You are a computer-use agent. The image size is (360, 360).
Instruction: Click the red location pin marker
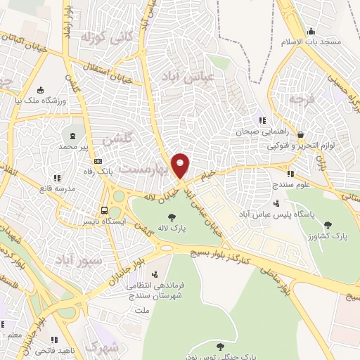[181, 165]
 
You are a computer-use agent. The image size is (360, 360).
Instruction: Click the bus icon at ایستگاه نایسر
[105, 210]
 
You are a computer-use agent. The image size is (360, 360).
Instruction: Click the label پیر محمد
[76, 148]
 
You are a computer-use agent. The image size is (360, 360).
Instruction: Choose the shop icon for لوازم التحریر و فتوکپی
[301, 134]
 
